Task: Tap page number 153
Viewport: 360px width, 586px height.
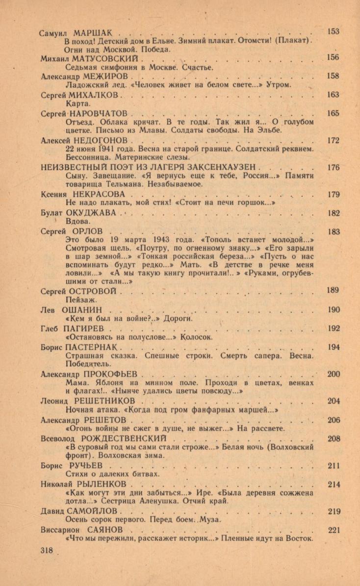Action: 333,31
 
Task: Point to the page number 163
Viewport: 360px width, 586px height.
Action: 333,95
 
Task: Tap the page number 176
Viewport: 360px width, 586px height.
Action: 333,167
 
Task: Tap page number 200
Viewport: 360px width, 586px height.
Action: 333,374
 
